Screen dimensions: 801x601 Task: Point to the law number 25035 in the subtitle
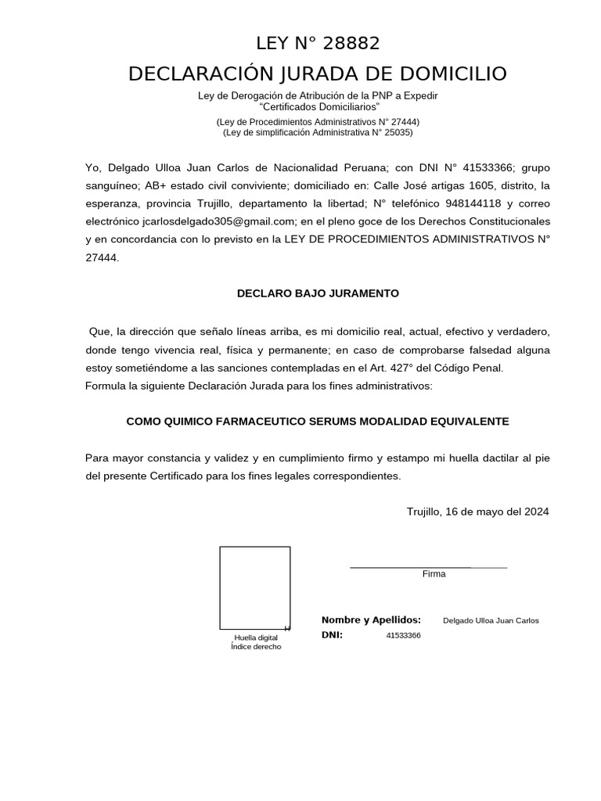396,132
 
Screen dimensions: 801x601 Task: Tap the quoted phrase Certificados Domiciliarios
319,106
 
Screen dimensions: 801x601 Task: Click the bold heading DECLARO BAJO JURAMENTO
318,293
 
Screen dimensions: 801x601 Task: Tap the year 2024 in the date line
536,512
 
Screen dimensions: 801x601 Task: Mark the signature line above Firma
428,566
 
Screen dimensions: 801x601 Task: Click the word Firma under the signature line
434,574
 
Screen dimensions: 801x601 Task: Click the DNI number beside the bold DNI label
403,635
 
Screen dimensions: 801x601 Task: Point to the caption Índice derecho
256,647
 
